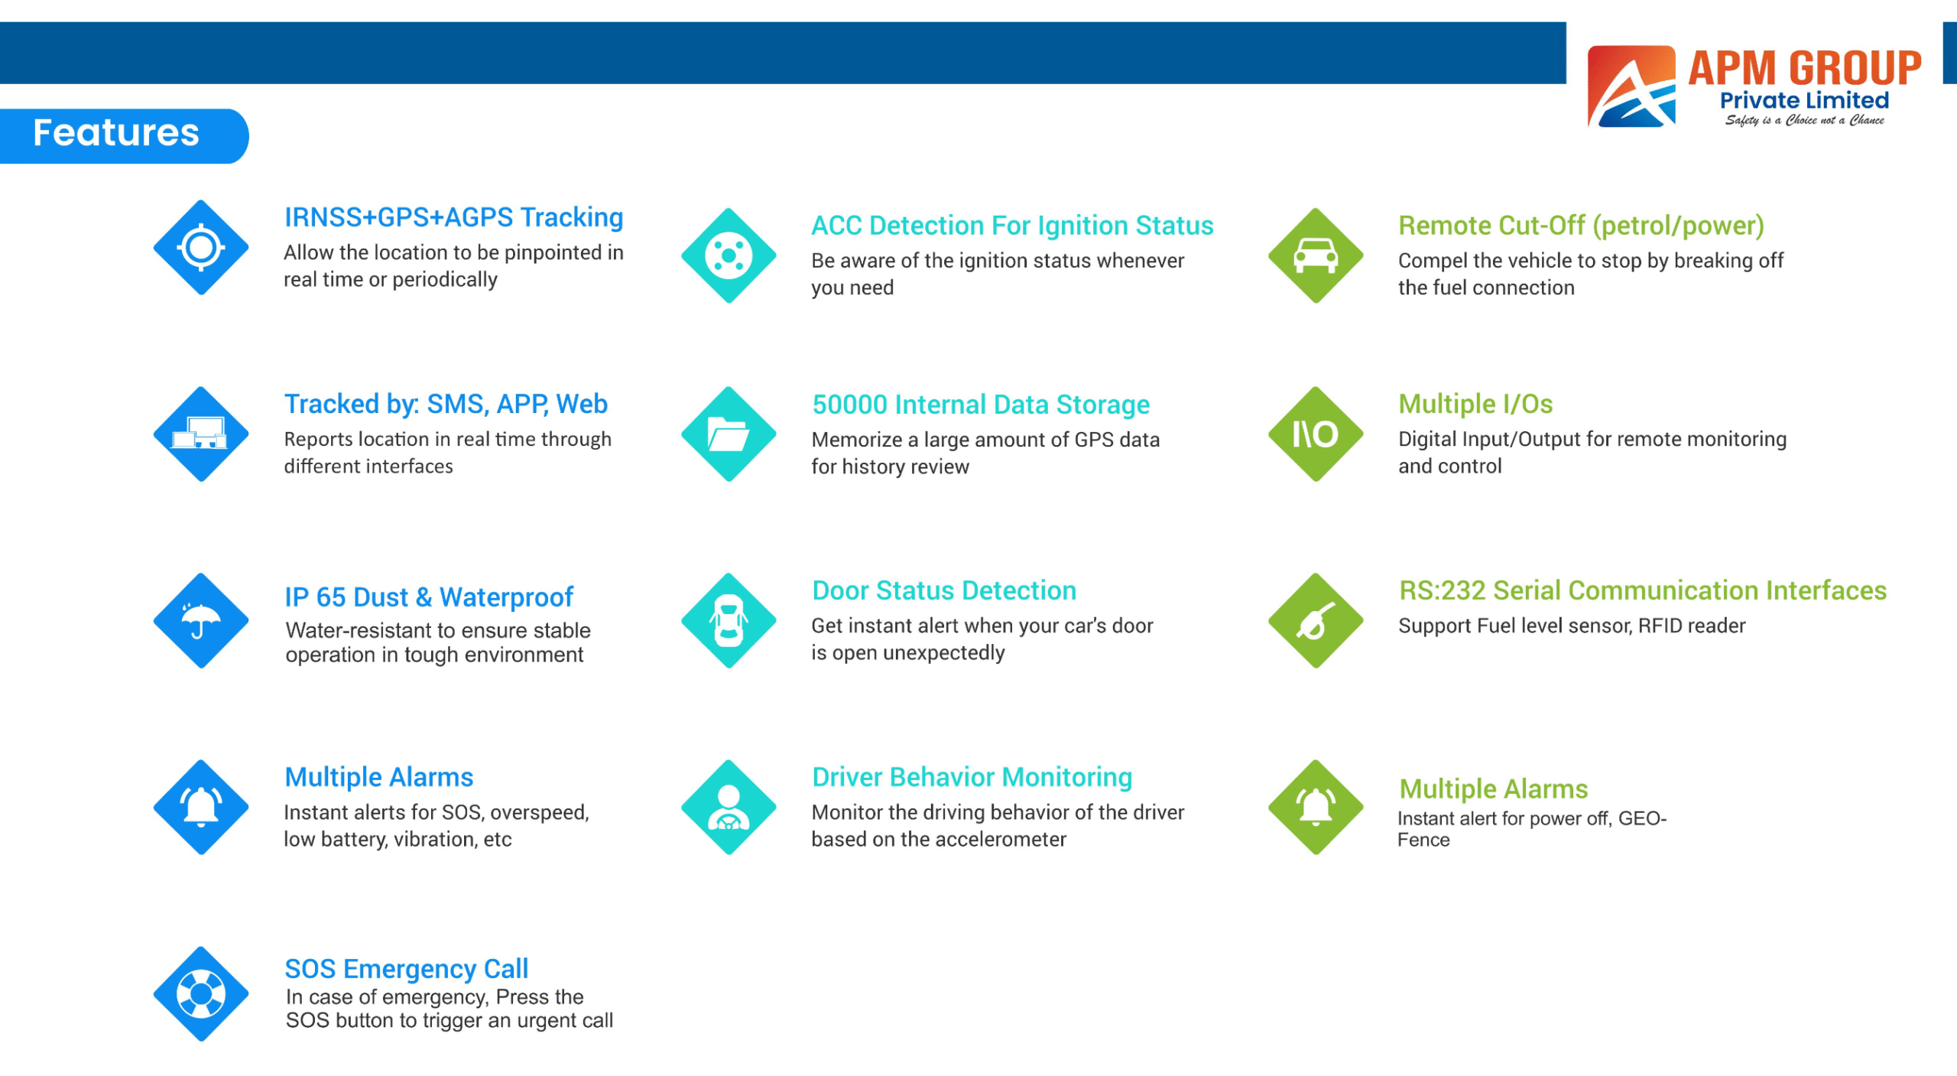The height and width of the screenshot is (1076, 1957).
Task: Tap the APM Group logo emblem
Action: pyautogui.click(x=1631, y=86)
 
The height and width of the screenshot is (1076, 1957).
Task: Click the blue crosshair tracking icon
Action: pyautogui.click(x=201, y=247)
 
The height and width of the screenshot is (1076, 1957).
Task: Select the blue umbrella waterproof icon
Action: pyautogui.click(x=201, y=620)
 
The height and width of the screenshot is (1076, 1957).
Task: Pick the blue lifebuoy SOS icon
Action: pyautogui.click(x=201, y=993)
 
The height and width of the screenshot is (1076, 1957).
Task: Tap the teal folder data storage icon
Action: pyautogui.click(x=729, y=434)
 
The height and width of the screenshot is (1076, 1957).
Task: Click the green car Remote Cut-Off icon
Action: pyautogui.click(x=1316, y=255)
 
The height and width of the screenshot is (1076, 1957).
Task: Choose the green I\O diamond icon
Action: pyautogui.click(x=1316, y=434)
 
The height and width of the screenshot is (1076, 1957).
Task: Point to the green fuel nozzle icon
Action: pyautogui.click(x=1316, y=620)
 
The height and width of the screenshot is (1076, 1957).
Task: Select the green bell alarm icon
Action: pyautogui.click(x=1316, y=807)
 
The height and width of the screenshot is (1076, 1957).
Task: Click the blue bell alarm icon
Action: pyautogui.click(x=201, y=807)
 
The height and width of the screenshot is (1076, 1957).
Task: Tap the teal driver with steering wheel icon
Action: pyautogui.click(x=729, y=807)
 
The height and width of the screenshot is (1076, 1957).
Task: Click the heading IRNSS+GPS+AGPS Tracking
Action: pyautogui.click(x=454, y=218)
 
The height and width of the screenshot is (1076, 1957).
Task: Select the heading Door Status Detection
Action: pyautogui.click(x=944, y=590)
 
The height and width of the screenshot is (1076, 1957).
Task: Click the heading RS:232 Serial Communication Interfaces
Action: pyautogui.click(x=1643, y=590)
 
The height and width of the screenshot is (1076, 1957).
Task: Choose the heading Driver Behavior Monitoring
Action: pyautogui.click(x=972, y=777)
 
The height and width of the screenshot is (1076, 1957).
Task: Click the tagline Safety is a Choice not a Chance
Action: pyautogui.click(x=1805, y=120)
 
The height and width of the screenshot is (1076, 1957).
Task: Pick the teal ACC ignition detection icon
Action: pyautogui.click(x=729, y=255)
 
